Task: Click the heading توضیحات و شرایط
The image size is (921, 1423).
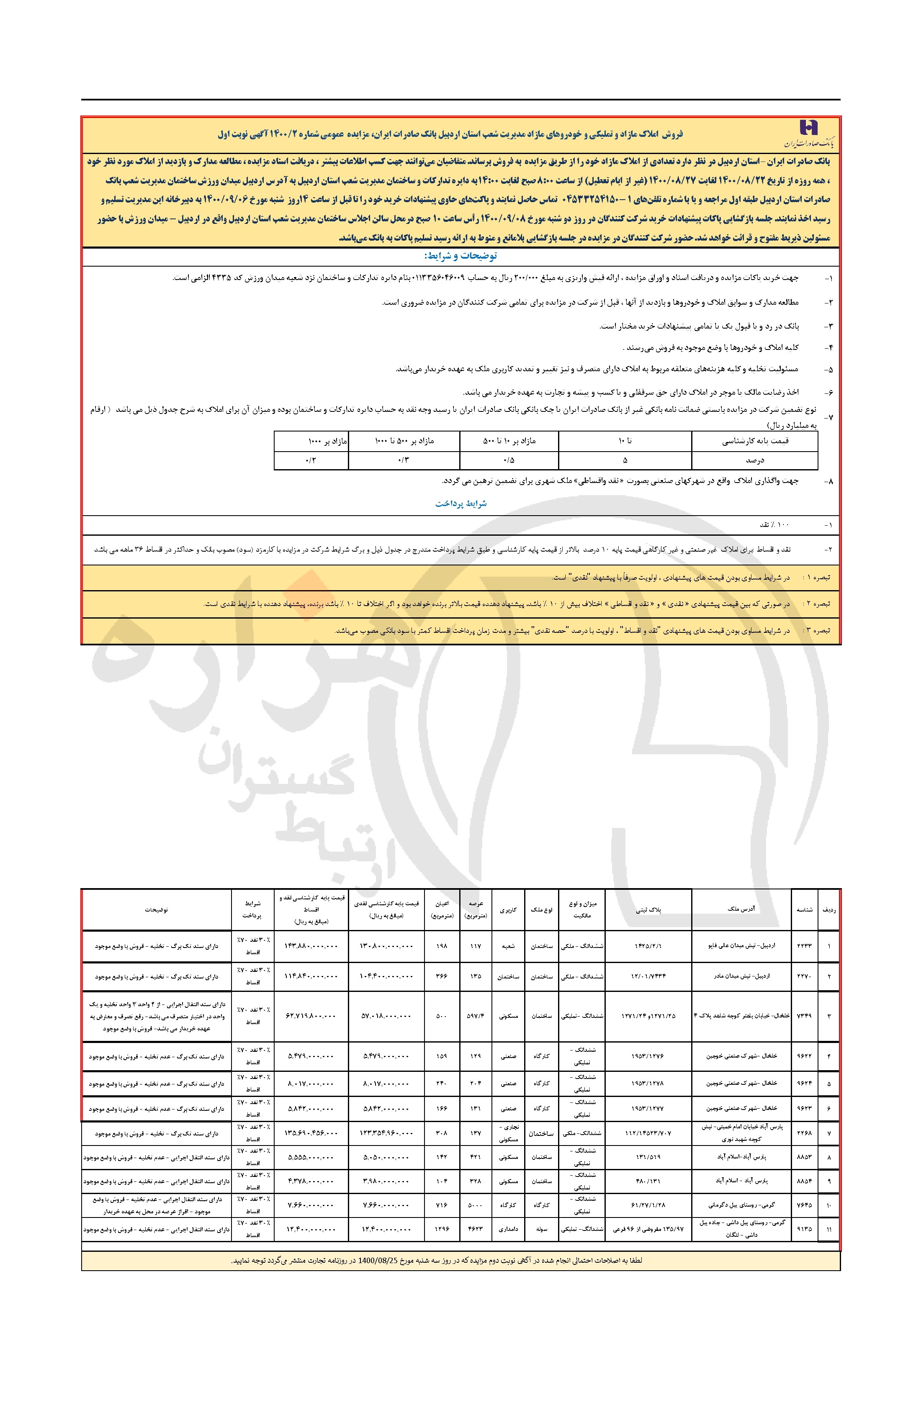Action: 460,256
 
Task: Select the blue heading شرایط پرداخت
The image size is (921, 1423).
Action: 460,503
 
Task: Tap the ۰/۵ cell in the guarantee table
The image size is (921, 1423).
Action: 509,460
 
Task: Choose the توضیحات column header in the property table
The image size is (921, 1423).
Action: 156,909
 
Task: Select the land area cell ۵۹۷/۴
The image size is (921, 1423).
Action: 476,1016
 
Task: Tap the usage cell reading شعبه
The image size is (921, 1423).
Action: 508,946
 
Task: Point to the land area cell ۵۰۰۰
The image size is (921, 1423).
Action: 476,1205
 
